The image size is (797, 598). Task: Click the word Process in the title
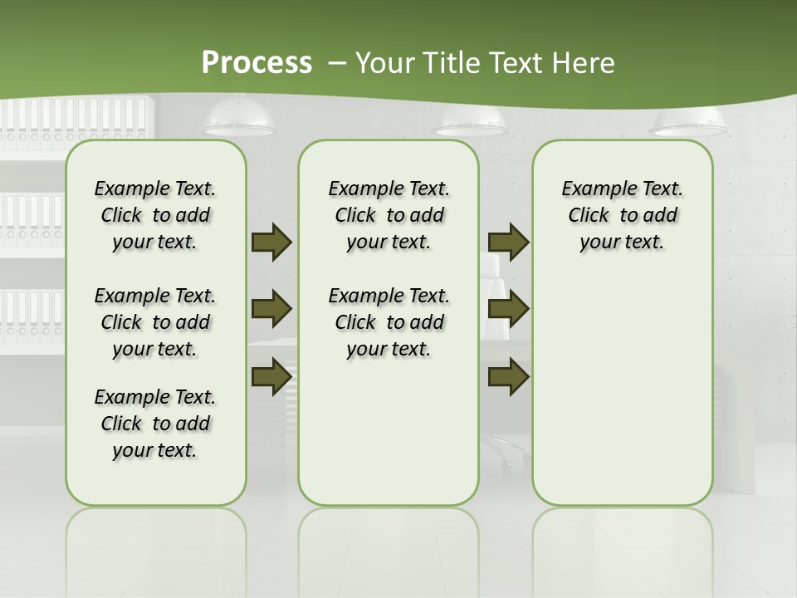[x=257, y=62]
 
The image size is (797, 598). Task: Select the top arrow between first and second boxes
[x=271, y=242]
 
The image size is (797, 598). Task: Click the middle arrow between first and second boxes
[x=271, y=309]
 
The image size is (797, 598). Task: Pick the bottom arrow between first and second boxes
[x=271, y=375]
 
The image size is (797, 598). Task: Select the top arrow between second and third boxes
[x=509, y=242]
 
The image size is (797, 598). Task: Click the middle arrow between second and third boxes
[x=509, y=309]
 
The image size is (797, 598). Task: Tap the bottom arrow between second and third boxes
[x=509, y=375]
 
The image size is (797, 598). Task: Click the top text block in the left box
[x=155, y=215]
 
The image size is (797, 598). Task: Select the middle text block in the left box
[x=155, y=322]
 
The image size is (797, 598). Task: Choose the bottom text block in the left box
[x=155, y=424]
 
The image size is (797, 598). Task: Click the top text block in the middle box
[x=389, y=215]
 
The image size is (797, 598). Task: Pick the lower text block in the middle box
[x=389, y=322]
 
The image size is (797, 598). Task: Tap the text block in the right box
[x=622, y=215]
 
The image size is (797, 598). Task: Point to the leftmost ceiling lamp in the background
[x=241, y=120]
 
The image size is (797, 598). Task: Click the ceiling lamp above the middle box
[x=471, y=125]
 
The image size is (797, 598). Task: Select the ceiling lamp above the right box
[x=689, y=122]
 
